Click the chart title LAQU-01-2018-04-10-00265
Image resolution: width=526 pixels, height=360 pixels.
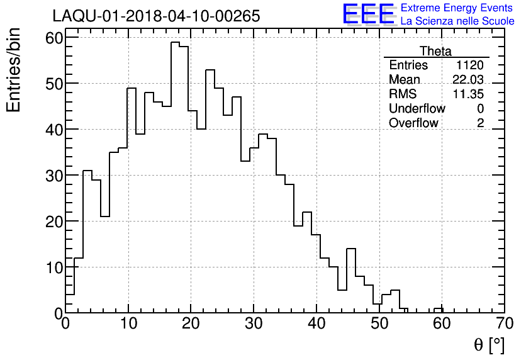156,16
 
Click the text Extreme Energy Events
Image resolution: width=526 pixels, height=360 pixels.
457,8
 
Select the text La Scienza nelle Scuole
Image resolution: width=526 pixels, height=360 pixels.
457,21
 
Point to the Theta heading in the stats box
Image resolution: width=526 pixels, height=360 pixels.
435,51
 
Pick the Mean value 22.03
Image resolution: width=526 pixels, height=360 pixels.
468,80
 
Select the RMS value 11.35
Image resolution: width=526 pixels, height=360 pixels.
468,94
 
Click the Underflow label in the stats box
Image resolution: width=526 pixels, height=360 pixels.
417,109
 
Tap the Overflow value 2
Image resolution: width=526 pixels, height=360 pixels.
480,123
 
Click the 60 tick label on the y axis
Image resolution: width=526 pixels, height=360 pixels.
53,38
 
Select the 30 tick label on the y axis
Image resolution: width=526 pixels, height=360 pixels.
53,176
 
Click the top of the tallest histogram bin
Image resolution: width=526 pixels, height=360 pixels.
176,42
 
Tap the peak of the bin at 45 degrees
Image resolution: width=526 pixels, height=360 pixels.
351,249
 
